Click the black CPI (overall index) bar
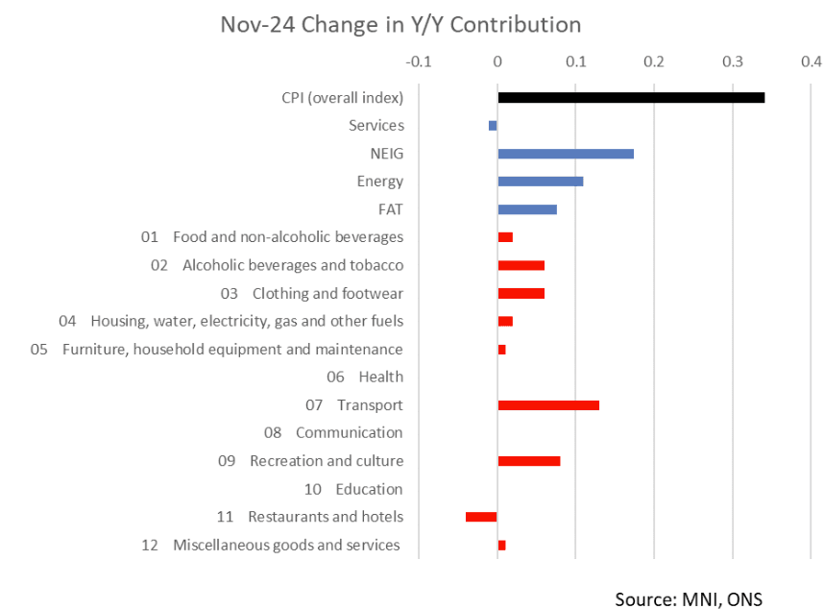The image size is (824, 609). pyautogui.click(x=631, y=98)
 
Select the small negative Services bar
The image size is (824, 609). pyautogui.click(x=493, y=126)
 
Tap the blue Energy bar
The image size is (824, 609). pyautogui.click(x=541, y=182)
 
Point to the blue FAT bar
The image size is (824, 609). pyautogui.click(x=527, y=209)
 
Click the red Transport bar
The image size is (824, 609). pyautogui.click(x=548, y=405)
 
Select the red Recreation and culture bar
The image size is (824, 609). pyautogui.click(x=529, y=461)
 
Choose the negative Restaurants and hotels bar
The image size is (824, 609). pyautogui.click(x=481, y=517)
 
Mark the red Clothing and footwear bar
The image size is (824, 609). pyautogui.click(x=521, y=293)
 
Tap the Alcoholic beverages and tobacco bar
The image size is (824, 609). pyautogui.click(x=521, y=265)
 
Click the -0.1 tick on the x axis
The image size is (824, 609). pyautogui.click(x=419, y=62)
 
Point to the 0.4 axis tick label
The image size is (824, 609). pyautogui.click(x=811, y=62)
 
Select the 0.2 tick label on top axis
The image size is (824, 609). pyautogui.click(x=654, y=62)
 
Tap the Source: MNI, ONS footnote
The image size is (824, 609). pyautogui.click(x=689, y=598)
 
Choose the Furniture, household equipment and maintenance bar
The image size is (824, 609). pyautogui.click(x=501, y=350)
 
